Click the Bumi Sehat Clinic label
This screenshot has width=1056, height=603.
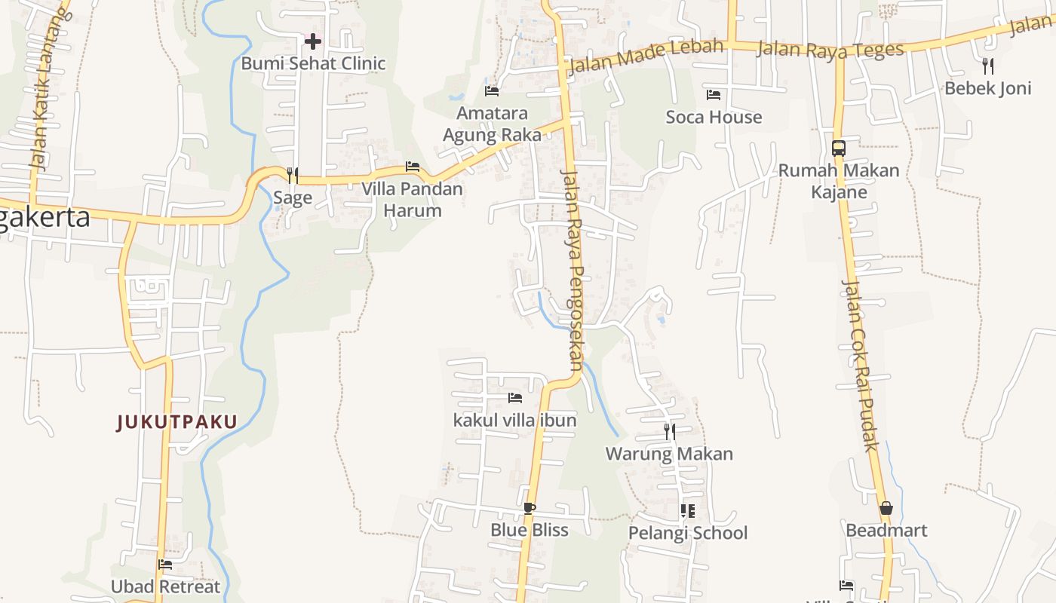coord(313,63)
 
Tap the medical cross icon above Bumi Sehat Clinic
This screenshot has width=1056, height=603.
coord(313,41)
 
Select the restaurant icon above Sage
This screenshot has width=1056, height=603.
coord(293,176)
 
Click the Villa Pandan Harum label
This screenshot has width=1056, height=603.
coord(412,199)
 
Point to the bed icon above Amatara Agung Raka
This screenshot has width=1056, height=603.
coord(492,91)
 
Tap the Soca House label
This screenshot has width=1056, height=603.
coord(714,117)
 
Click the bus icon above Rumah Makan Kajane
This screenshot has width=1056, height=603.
coord(839,148)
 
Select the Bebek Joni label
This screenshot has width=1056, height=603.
coord(987,88)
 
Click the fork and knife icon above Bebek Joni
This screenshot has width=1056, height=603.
coord(988,66)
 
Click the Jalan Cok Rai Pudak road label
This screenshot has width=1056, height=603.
coord(861,366)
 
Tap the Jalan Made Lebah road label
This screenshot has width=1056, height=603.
coord(646,56)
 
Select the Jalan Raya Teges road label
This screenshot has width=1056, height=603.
coord(830,50)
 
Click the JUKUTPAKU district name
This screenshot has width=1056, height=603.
coord(177,422)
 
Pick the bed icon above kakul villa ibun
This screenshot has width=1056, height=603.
coord(515,397)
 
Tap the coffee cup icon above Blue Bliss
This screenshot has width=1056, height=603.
coord(530,508)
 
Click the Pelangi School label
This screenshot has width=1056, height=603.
coord(688,533)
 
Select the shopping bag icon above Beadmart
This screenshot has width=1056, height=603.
coord(886,508)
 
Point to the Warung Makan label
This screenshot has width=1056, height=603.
coord(669,454)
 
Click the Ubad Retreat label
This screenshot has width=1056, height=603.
coord(165,586)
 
